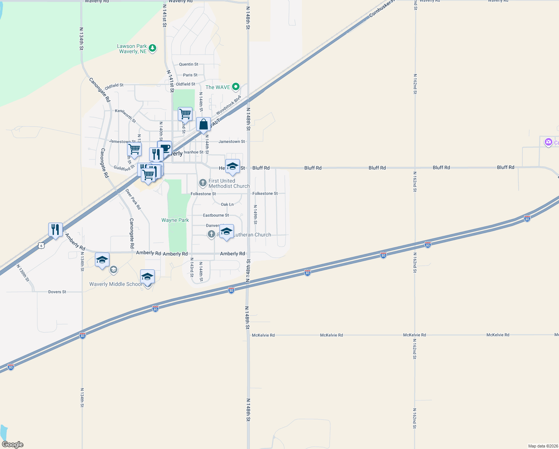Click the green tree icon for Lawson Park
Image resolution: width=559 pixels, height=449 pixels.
pos(152,48)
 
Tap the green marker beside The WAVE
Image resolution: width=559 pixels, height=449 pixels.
pos(235,87)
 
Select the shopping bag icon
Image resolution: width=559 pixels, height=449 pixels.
pos(203,125)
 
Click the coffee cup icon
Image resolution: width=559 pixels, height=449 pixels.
pos(165,147)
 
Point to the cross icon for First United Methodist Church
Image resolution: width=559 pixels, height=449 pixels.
pos(203,183)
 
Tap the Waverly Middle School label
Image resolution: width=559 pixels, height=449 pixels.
pos(116,284)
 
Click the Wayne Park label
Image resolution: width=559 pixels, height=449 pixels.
pos(175,220)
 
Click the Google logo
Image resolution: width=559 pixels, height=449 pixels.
pos(13,445)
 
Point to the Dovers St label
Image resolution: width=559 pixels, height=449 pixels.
pos(57,292)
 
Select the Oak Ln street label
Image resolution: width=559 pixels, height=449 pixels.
pos(227,204)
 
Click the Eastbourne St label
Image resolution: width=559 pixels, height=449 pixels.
pos(216,215)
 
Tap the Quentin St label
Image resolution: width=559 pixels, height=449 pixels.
pos(189,64)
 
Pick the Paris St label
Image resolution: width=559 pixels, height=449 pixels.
pos(190,75)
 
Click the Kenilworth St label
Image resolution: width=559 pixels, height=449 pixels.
pos(126,116)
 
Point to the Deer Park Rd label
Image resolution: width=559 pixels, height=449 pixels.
pos(133,199)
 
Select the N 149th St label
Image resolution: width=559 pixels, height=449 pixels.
pos(256,215)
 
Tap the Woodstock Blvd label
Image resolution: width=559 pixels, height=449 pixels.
pos(229,106)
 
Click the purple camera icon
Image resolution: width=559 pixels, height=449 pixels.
pos(548,142)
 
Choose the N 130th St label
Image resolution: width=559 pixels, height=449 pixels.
pos(23,273)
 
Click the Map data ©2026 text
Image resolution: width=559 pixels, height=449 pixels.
pos(543,446)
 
